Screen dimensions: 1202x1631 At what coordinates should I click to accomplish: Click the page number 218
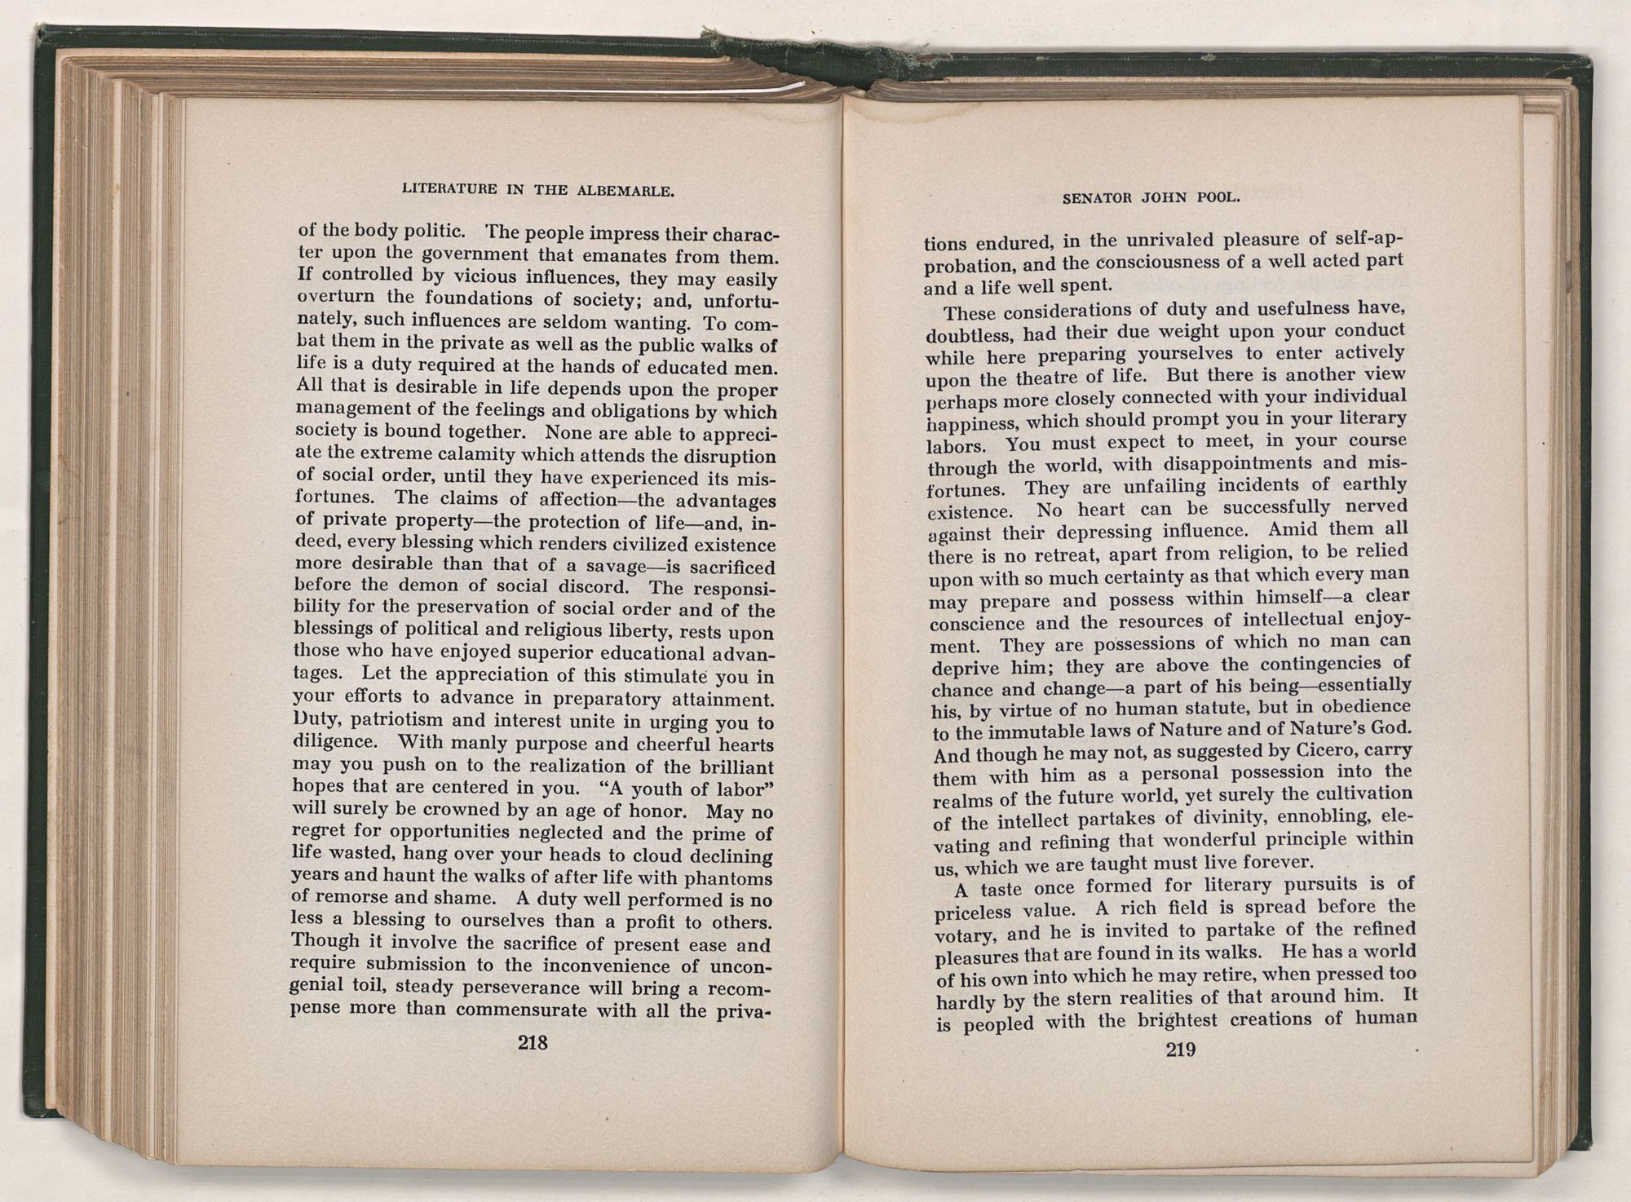pyautogui.click(x=533, y=1042)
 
